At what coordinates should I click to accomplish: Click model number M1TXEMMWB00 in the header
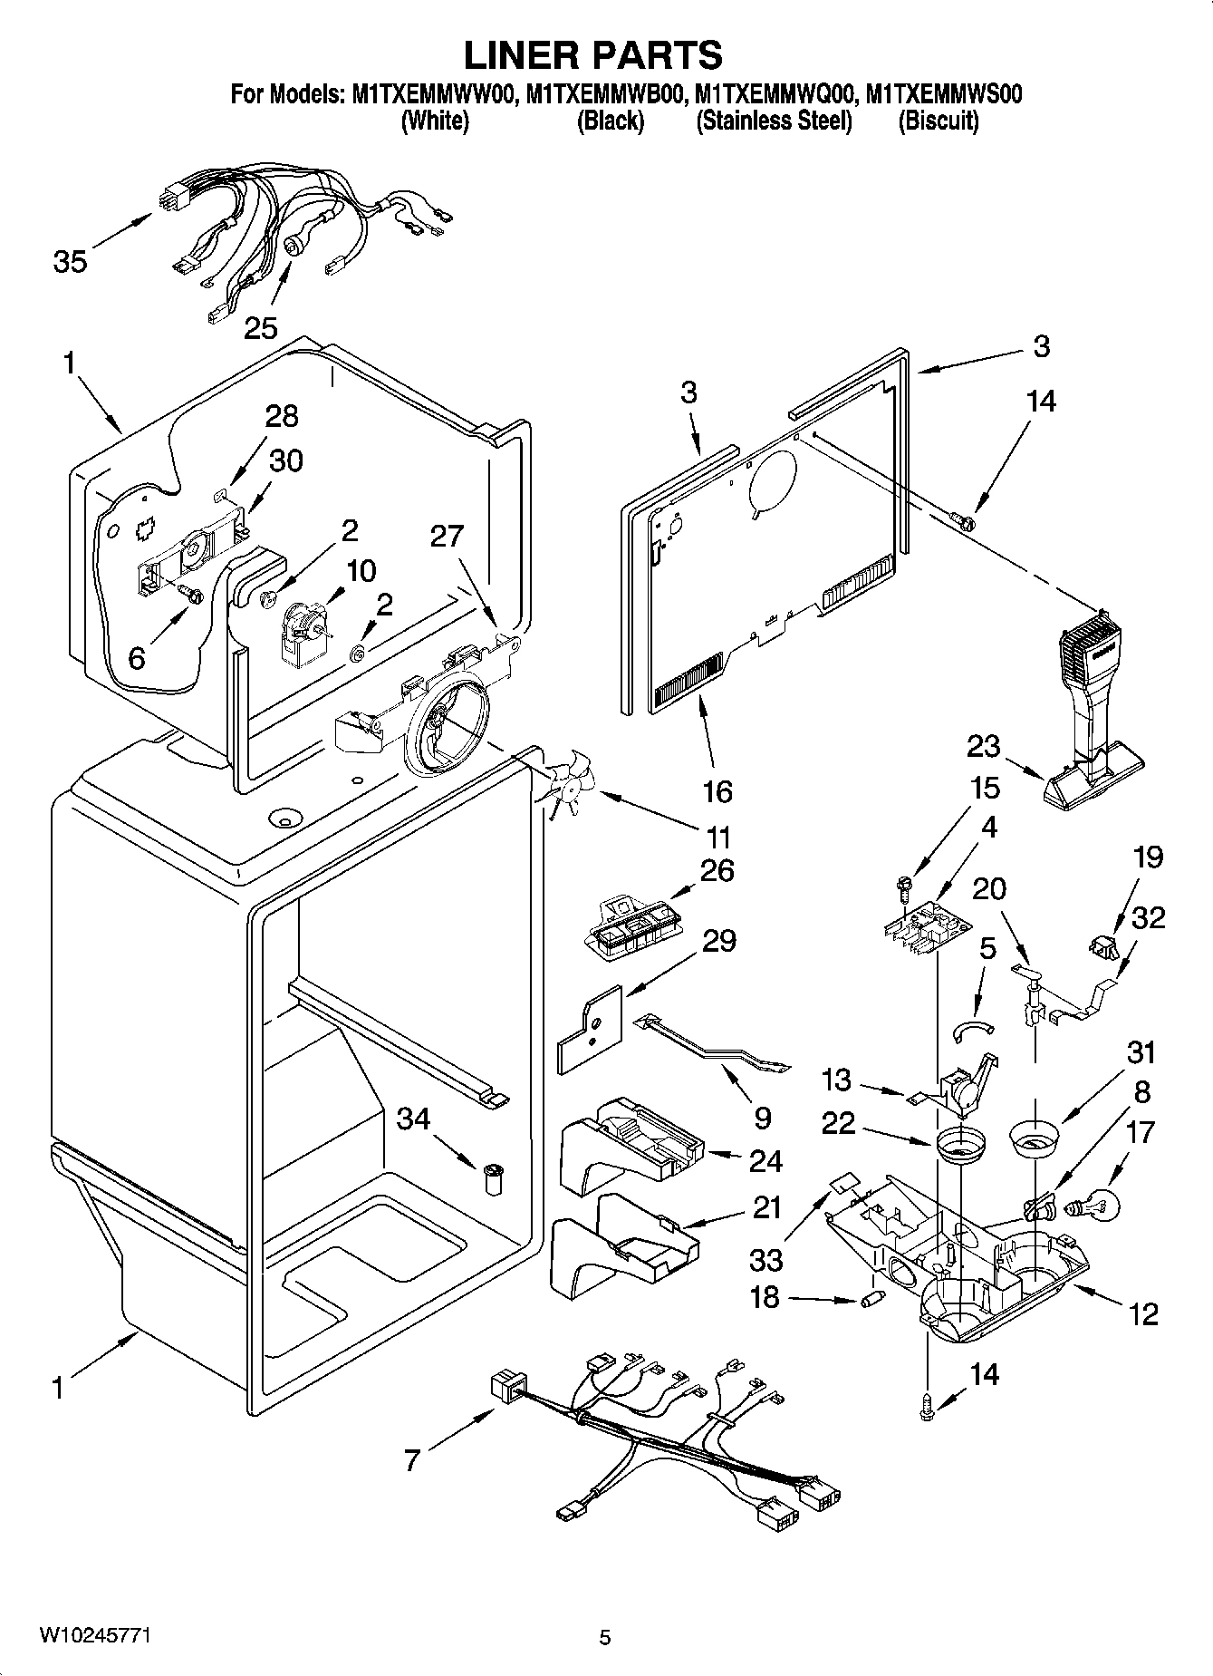coord(602,93)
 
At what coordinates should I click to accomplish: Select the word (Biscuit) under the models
coord(938,121)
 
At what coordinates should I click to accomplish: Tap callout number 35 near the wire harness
coord(70,262)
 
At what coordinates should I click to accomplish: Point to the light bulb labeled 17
coord(1097,1206)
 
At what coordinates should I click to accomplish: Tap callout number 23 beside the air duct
coord(983,746)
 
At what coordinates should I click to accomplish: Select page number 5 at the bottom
coord(605,1637)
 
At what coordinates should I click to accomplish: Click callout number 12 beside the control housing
coord(1144,1313)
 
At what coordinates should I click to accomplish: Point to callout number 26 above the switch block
coord(717,870)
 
